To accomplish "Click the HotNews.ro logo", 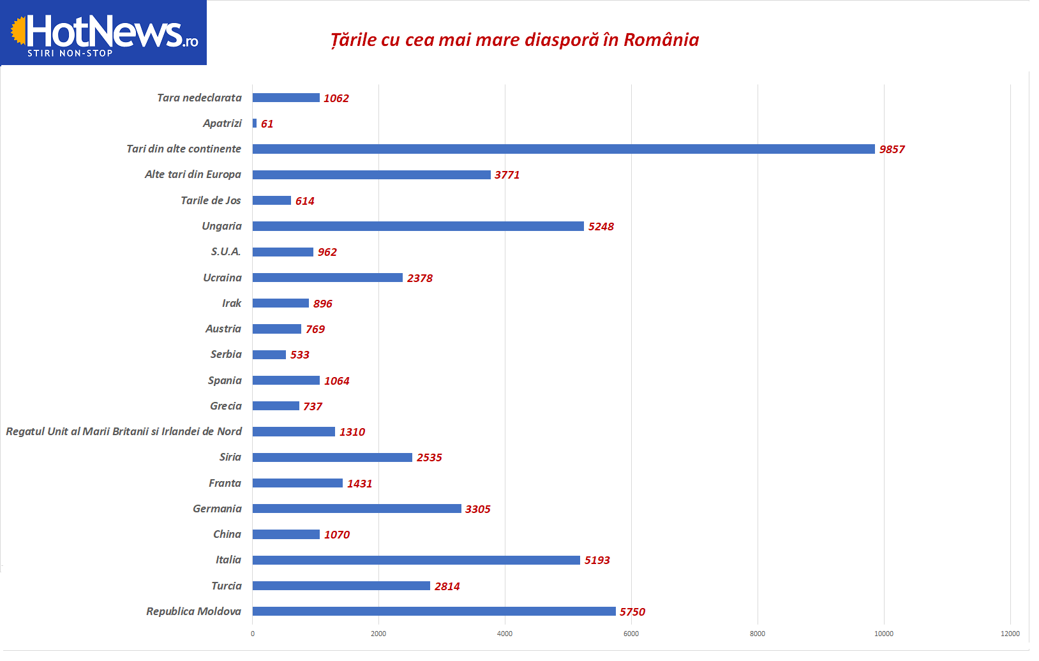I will (104, 33).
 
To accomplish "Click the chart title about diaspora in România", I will (514, 40).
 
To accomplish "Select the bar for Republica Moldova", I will (434, 611).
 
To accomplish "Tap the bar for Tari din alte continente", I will (564, 149).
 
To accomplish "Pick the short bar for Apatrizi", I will (255, 123).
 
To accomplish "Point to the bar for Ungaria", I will (418, 226).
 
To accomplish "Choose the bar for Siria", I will (332, 457).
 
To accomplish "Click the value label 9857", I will (892, 149).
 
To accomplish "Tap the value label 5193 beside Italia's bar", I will (597, 560).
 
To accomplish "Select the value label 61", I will (267, 124).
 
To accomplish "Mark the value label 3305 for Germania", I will (477, 509).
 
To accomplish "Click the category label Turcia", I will (227, 586).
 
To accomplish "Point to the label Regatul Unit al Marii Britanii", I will (124, 431).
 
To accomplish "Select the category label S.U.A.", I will (226, 251).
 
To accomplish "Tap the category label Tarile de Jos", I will (211, 200).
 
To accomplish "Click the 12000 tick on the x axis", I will (1010, 634).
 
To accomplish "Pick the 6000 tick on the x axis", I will (631, 634).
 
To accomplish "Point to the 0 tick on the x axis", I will (253, 634).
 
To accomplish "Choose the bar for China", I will (286, 534).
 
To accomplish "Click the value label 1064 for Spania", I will (336, 381).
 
